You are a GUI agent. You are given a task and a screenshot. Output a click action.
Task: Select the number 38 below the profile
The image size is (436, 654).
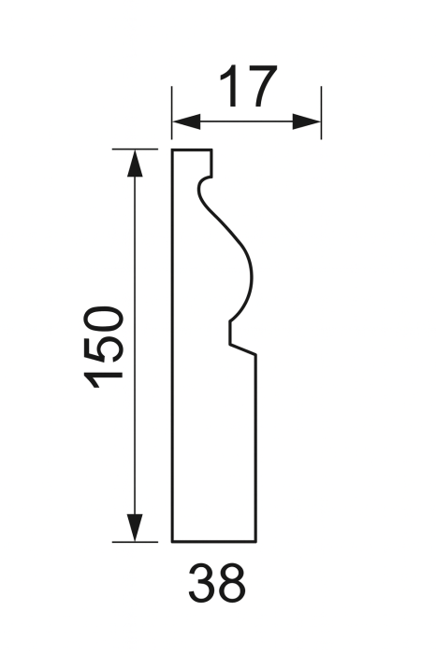click(217, 584)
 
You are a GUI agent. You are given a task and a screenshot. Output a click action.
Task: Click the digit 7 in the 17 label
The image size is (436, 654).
click(262, 88)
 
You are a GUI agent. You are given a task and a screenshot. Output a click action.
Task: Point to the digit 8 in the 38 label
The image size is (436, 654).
click(231, 584)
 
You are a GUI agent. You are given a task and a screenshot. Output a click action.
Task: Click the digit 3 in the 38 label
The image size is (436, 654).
click(203, 584)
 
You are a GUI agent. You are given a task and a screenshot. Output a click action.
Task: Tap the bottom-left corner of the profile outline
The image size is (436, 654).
click(172, 541)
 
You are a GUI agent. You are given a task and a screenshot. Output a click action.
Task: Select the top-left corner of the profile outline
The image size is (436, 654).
click(172, 149)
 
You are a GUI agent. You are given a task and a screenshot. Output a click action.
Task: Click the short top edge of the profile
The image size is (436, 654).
click(192, 149)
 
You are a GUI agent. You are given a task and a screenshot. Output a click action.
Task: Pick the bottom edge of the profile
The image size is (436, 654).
click(214, 541)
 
